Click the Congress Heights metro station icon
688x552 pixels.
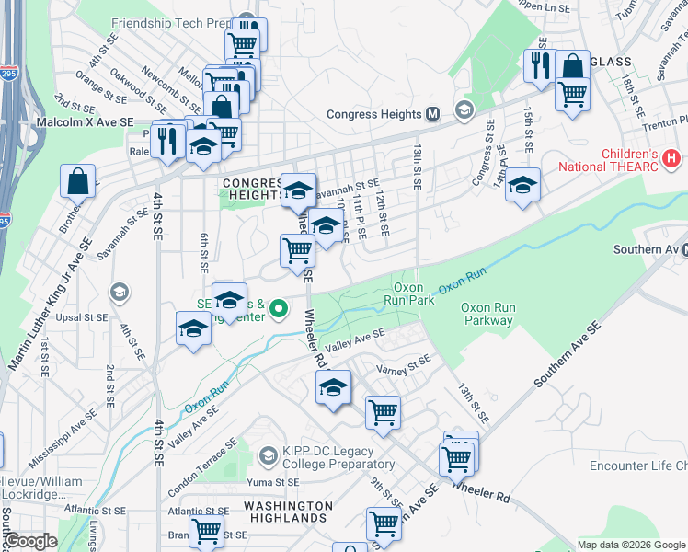(433, 115)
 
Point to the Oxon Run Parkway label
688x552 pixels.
(487, 314)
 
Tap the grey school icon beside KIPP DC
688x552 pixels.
(268, 455)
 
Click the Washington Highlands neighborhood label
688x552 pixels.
(288, 512)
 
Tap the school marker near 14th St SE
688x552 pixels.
(522, 186)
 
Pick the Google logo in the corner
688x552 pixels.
(29, 542)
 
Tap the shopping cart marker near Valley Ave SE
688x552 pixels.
(383, 413)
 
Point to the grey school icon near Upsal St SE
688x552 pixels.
(118, 293)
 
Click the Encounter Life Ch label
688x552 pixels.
(638, 466)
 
